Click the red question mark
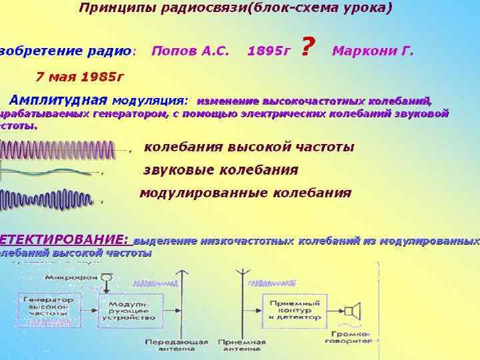coord(308,47)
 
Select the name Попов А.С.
coord(190,51)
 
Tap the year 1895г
coord(269,51)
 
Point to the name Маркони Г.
coord(373,51)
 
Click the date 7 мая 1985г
coord(80,76)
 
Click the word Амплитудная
coord(59,100)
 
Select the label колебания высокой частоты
coord(249,147)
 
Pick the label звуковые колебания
coord(221,170)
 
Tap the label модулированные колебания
coord(245,193)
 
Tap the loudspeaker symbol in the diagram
coord(353,311)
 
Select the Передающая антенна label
coord(177,345)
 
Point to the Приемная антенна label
coord(243,345)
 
